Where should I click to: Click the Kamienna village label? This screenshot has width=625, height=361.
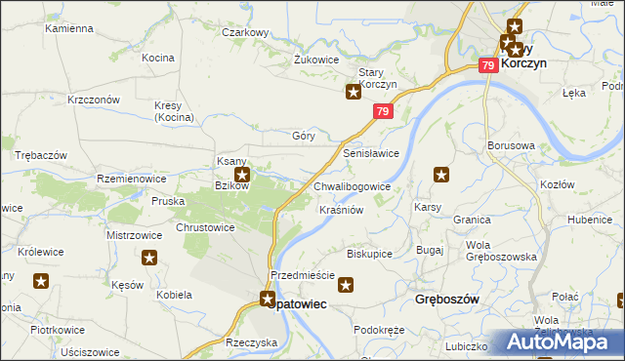pos(67,29)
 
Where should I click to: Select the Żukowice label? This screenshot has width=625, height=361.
pos(316,59)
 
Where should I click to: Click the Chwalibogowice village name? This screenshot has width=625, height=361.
pos(353,185)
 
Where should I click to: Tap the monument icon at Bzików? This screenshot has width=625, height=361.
pos(242,176)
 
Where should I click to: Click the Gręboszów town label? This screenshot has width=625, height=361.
pos(446,300)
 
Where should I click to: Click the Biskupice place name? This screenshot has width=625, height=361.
pos(369,254)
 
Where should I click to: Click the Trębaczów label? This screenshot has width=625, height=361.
pos(41,156)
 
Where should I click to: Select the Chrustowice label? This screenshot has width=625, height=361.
pos(204,227)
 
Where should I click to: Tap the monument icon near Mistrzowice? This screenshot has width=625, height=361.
pos(149,258)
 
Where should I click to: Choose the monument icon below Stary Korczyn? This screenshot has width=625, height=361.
pos(354,93)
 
